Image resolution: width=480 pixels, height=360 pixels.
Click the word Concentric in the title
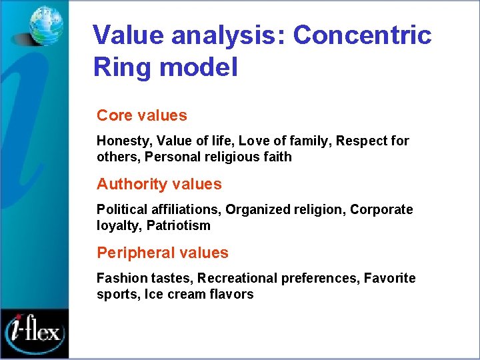pyautogui.click(x=362, y=35)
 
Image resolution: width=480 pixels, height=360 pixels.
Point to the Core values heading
pyautogui.click(x=141, y=115)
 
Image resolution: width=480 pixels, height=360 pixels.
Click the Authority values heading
pyautogui.click(x=159, y=184)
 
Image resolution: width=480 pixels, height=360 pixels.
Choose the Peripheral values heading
pyautogui.click(x=162, y=253)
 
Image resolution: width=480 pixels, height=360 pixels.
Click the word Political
pyautogui.click(x=120, y=210)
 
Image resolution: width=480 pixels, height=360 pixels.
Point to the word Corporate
pyautogui.click(x=381, y=210)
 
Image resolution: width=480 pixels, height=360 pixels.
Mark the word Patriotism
pyautogui.click(x=178, y=225)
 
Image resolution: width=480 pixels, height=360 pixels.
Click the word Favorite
pyautogui.click(x=389, y=278)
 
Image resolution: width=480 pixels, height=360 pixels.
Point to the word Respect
pyautogui.click(x=361, y=141)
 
